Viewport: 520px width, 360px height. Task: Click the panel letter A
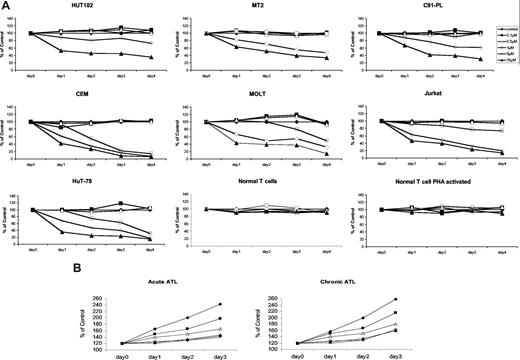pyautogui.click(x=6, y=6)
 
